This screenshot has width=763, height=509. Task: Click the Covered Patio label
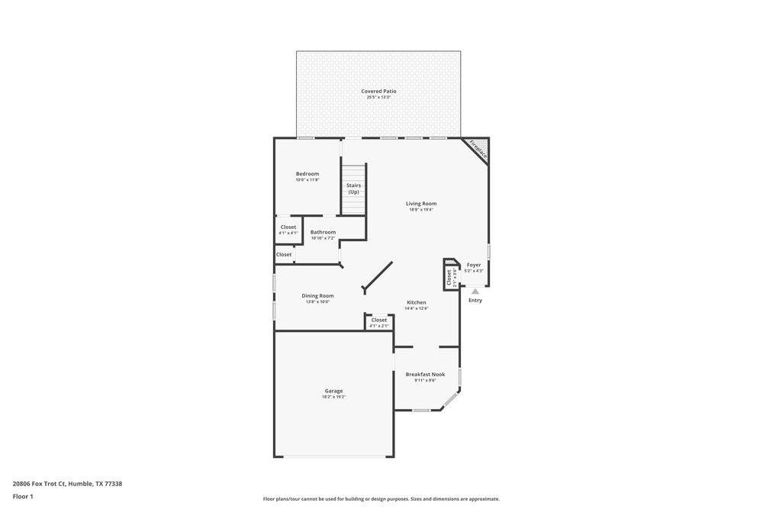(378, 92)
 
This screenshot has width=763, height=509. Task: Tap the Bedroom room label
(307, 174)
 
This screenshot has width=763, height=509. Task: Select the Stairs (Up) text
(353, 188)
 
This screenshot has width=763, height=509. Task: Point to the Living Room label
(420, 204)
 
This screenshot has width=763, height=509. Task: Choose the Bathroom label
(323, 232)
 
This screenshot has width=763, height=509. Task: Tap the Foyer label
(474, 265)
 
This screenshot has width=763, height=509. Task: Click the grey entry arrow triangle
(475, 291)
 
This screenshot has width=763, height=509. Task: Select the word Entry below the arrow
(475, 301)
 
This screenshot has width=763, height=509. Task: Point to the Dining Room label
(317, 296)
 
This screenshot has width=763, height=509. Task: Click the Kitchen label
(416, 303)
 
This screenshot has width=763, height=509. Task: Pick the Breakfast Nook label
(425, 375)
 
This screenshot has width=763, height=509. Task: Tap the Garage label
(333, 391)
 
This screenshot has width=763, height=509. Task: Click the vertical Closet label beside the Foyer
(449, 276)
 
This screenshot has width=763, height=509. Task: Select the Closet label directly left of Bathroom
(288, 227)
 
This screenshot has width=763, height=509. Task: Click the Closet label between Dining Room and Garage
(379, 320)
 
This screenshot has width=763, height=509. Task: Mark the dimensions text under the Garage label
(333, 397)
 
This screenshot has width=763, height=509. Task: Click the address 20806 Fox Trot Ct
(67, 483)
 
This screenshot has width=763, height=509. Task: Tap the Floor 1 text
(23, 496)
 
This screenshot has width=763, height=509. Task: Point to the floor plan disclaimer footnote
(381, 499)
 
